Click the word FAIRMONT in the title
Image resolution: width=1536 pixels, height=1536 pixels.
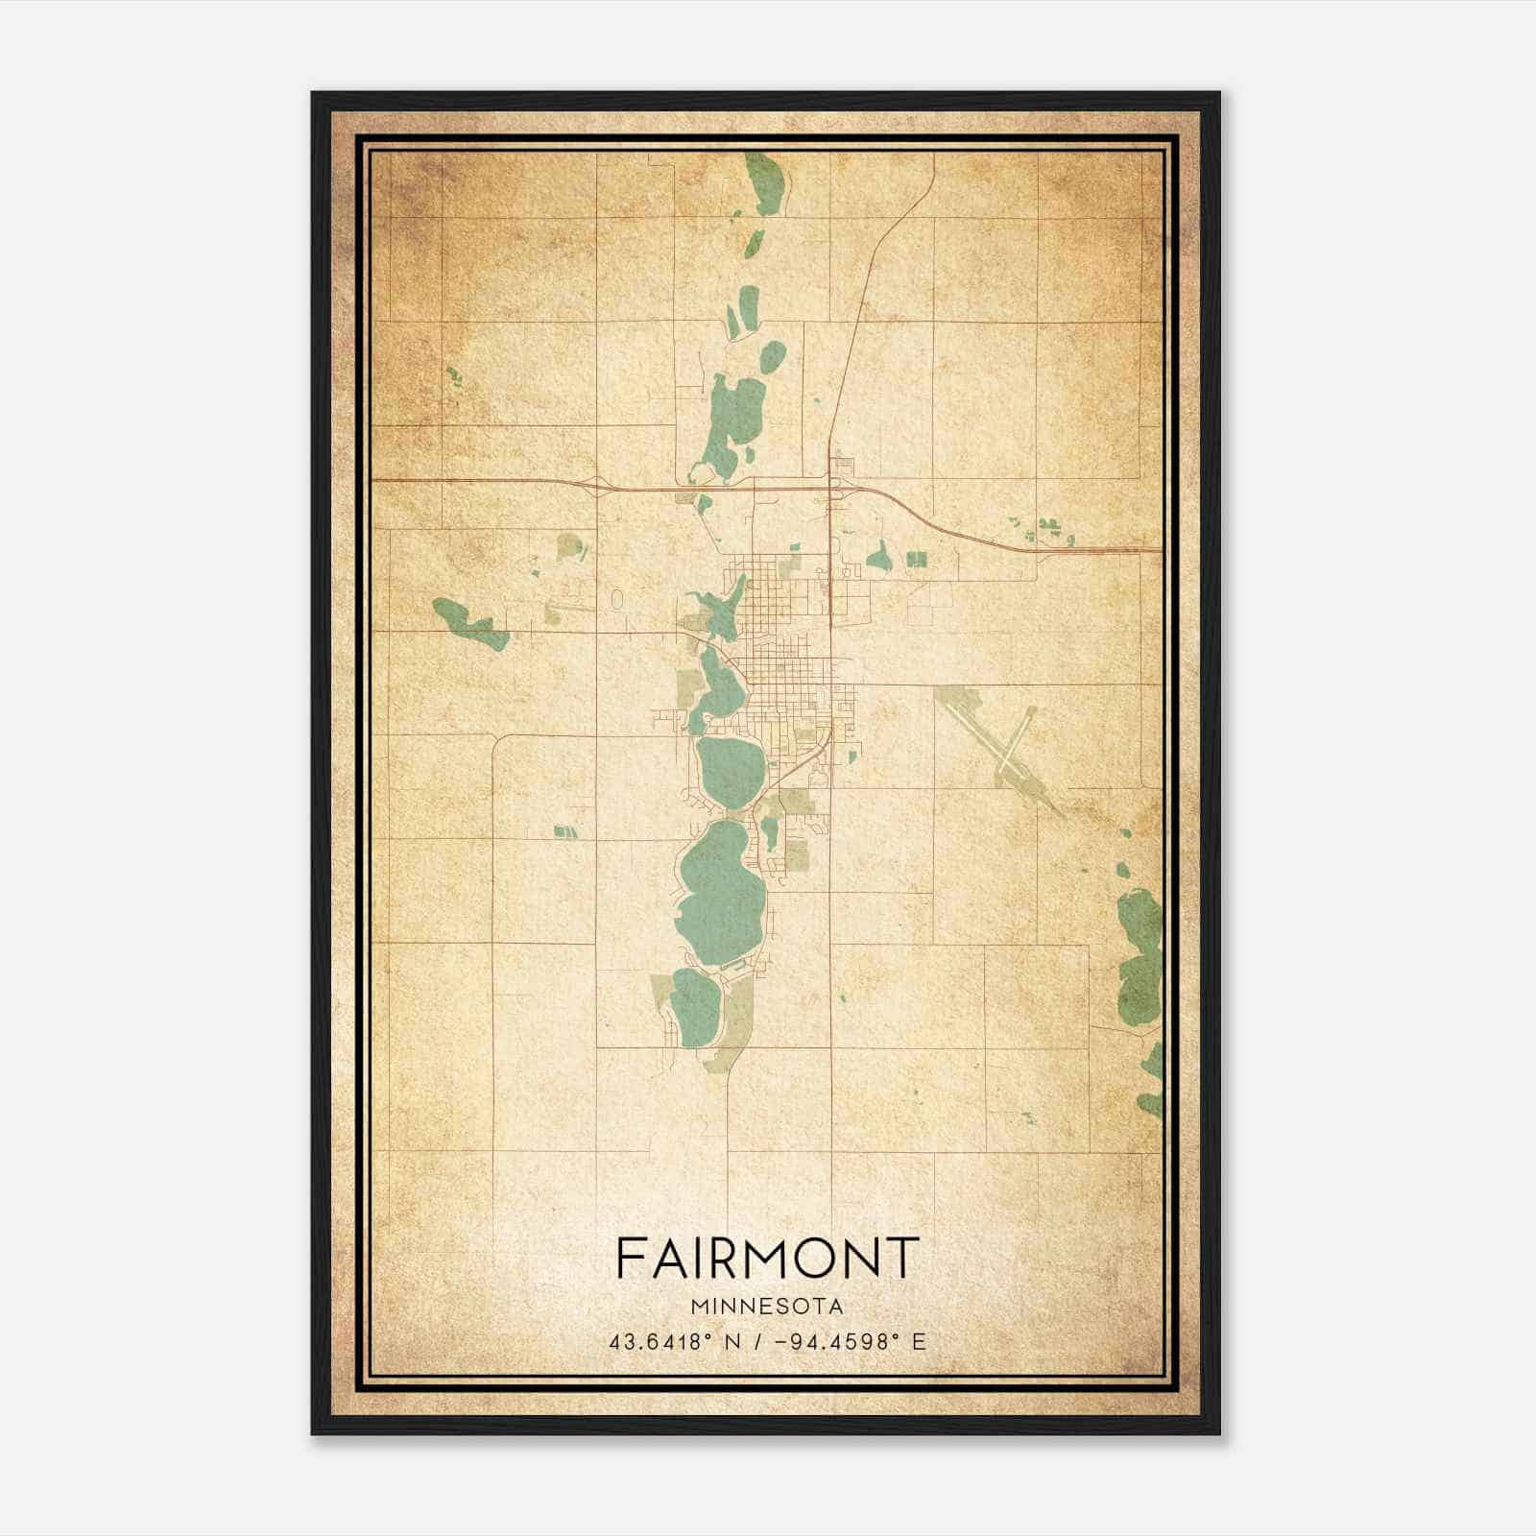point(767,1257)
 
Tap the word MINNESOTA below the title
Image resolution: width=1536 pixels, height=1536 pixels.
point(767,1307)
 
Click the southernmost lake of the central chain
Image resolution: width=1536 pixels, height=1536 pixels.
point(695,1008)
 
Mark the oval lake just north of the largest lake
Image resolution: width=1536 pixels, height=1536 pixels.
point(731,773)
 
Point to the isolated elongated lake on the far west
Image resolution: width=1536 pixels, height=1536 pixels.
point(470,623)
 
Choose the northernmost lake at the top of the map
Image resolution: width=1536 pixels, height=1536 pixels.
point(765,184)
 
